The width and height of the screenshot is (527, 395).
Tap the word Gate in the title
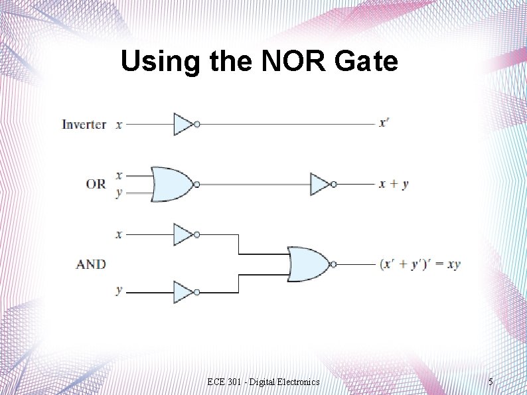point(367,62)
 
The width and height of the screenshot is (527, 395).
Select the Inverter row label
point(84,124)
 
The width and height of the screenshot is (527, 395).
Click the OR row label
point(96,184)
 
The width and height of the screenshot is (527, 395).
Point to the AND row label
point(91,264)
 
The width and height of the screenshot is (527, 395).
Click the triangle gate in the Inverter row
point(184,124)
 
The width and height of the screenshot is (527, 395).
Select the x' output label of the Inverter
point(384,123)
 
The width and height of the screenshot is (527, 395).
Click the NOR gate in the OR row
point(172,184)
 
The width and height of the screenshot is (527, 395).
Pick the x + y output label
point(393,184)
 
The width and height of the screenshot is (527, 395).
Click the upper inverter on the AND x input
point(184,234)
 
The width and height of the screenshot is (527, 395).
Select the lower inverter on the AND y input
point(184,292)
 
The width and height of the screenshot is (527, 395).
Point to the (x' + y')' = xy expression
point(419,264)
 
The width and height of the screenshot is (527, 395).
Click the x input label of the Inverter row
point(119,124)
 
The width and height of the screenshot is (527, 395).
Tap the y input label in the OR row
point(119,193)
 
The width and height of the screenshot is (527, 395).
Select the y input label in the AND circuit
point(119,291)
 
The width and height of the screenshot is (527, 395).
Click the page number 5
point(490,382)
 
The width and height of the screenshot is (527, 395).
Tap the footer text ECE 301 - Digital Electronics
point(263,382)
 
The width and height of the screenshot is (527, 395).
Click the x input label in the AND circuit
point(119,234)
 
